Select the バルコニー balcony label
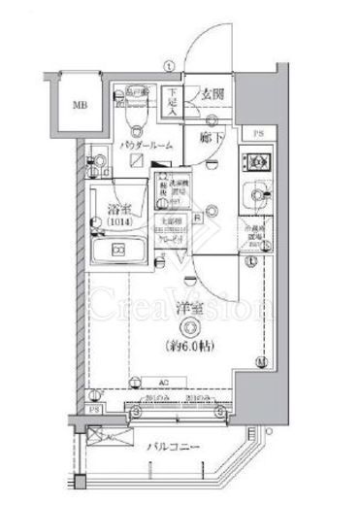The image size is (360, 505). coord(173,448)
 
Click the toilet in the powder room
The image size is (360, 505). coord(135,117)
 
